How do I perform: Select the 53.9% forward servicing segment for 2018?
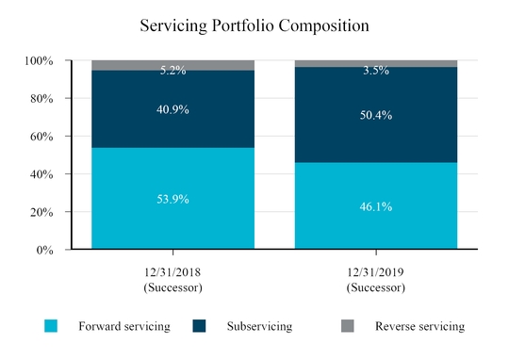(172, 199)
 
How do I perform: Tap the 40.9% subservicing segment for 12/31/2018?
(172, 109)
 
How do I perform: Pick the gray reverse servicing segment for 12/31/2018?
(172, 65)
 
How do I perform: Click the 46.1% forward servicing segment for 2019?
(376, 205)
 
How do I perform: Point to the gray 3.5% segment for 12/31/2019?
(376, 64)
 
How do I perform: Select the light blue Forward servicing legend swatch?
(51, 326)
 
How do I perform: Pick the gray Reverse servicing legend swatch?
(348, 326)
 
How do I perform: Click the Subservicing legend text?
(260, 326)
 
